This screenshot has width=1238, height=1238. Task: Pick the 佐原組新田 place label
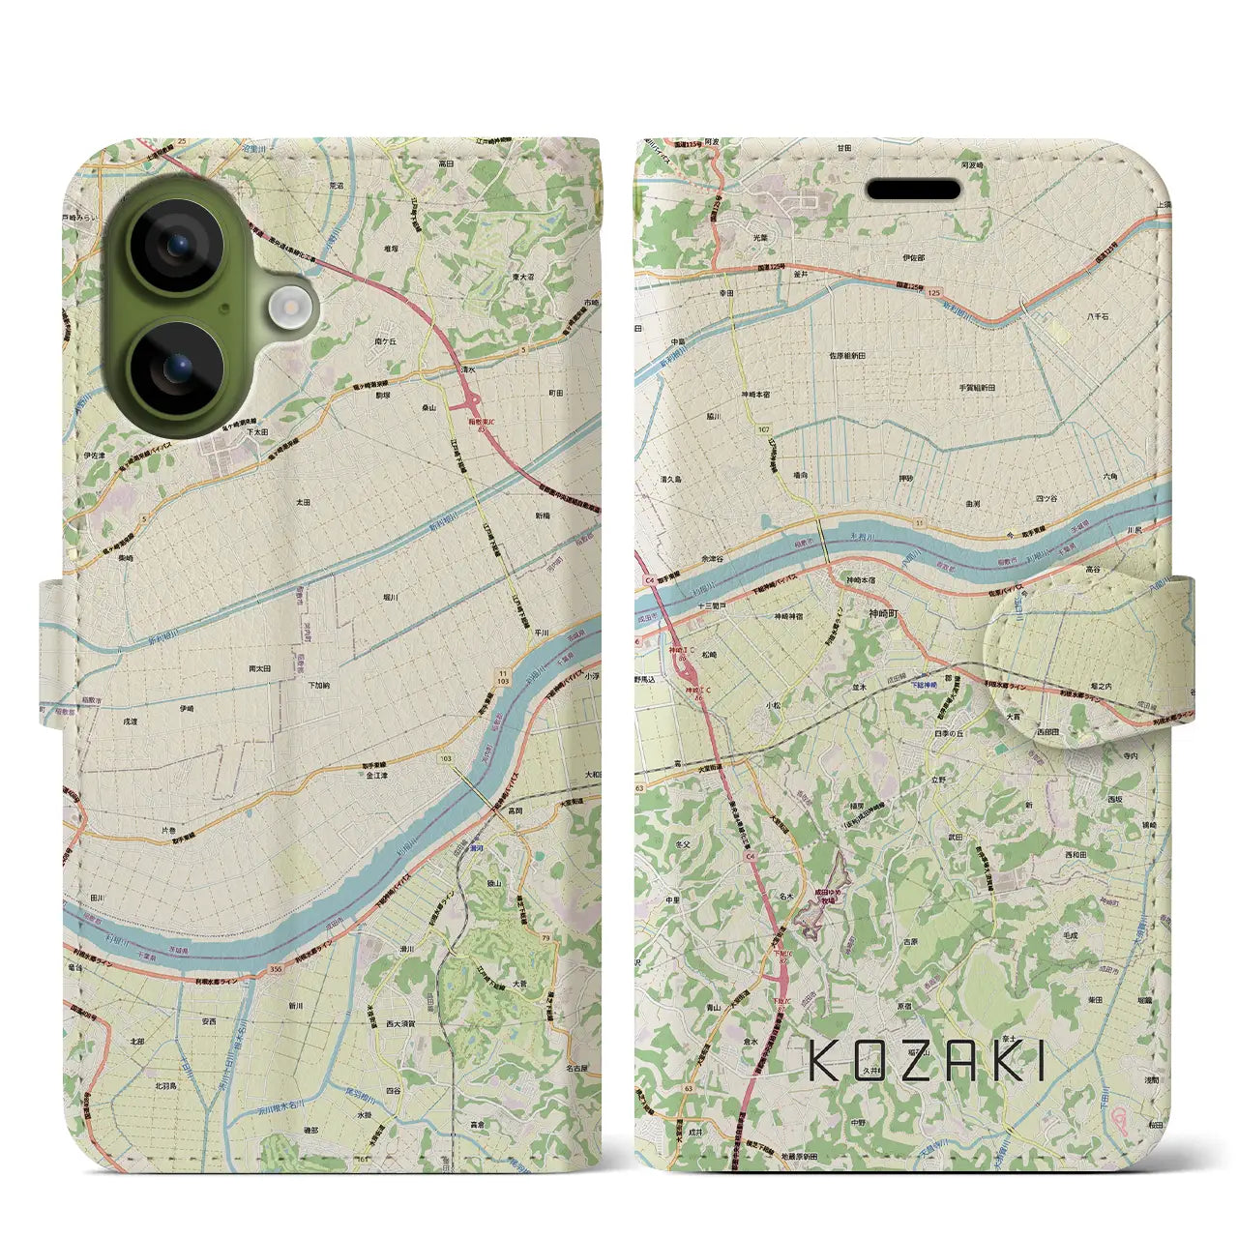click(x=845, y=356)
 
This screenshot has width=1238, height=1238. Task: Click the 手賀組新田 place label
click(x=977, y=387)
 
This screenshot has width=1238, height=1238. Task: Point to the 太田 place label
click(x=303, y=502)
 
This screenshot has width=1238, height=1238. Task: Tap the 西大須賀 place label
click(x=400, y=1022)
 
